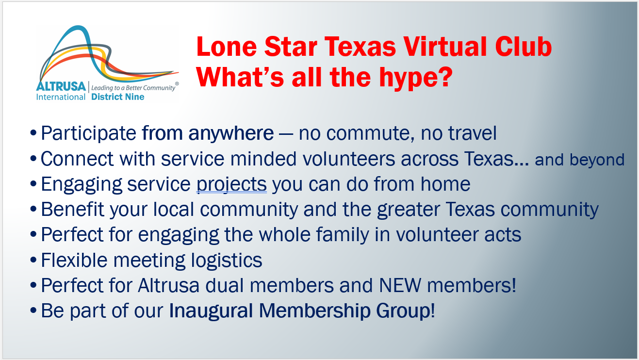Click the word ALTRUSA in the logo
[x=61, y=86]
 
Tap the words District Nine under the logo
[x=118, y=97]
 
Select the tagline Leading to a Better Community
[x=133, y=88]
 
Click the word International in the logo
[x=61, y=97]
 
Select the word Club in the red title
[x=524, y=47]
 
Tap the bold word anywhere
[x=231, y=134]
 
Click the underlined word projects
[x=231, y=184]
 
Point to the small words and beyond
[x=580, y=160]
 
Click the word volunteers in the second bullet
[x=348, y=158]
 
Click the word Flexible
[x=74, y=260]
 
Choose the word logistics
[x=227, y=261]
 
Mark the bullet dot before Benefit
[x=33, y=209]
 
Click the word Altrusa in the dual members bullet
[x=168, y=285]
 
